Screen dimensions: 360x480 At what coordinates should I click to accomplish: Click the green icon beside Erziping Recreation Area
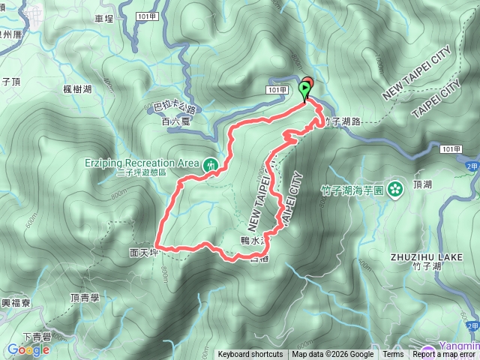211,163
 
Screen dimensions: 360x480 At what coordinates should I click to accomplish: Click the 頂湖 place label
422,184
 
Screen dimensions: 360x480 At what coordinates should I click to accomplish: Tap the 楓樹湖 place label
78,89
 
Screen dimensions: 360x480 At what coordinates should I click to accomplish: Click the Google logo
28,349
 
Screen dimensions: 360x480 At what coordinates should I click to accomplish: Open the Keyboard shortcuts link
250,355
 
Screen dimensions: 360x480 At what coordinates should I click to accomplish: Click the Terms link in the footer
393,355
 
